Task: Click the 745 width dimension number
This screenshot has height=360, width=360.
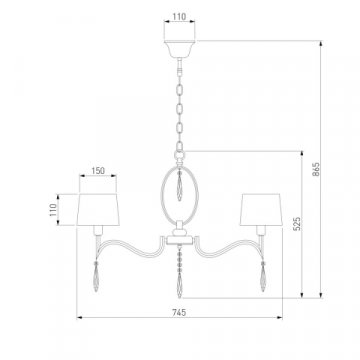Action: [x=179, y=312]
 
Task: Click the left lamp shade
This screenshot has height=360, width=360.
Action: [x=98, y=203]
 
